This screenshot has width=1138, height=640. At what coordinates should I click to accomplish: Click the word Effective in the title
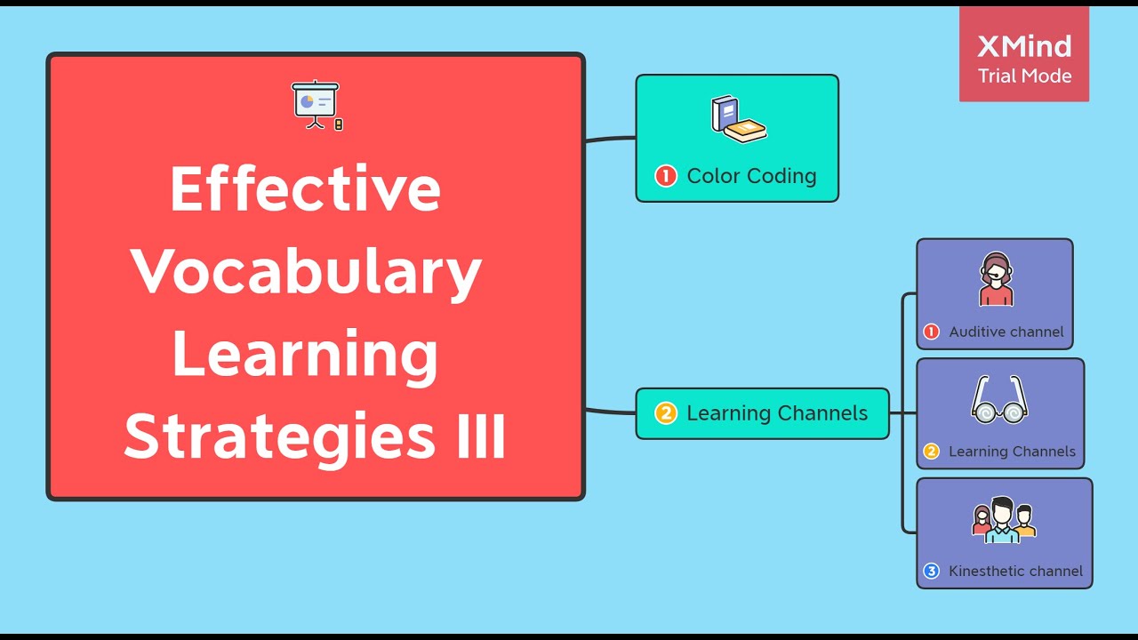pyautogui.click(x=305, y=188)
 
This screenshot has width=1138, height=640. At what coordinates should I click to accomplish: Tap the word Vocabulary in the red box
pyautogui.click(x=307, y=272)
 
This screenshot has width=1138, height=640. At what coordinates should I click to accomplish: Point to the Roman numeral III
pyautogui.click(x=481, y=436)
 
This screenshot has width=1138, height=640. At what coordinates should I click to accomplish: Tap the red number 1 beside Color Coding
pyautogui.click(x=666, y=176)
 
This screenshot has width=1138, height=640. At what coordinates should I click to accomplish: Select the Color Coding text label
pyautogui.click(x=751, y=176)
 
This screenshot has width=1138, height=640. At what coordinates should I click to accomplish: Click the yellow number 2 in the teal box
pyautogui.click(x=666, y=413)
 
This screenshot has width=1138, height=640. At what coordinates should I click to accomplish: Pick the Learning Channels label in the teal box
pyautogui.click(x=777, y=413)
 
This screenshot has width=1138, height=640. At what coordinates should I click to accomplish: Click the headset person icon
pyautogui.click(x=996, y=280)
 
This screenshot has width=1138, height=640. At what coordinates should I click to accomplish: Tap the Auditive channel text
pyautogui.click(x=1006, y=332)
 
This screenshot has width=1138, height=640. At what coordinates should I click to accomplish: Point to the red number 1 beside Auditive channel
pyautogui.click(x=931, y=332)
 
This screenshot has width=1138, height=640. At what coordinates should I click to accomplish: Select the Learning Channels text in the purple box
pyautogui.click(x=1012, y=452)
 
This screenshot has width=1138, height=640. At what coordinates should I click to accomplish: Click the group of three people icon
pyautogui.click(x=1004, y=520)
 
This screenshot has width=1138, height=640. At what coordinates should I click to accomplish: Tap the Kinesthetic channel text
pyautogui.click(x=1015, y=572)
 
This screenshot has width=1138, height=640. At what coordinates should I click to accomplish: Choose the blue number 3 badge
pyautogui.click(x=931, y=572)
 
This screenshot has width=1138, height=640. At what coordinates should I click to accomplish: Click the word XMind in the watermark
pyautogui.click(x=1024, y=46)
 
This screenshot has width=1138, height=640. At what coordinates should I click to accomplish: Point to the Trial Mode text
pyautogui.click(x=1024, y=76)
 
